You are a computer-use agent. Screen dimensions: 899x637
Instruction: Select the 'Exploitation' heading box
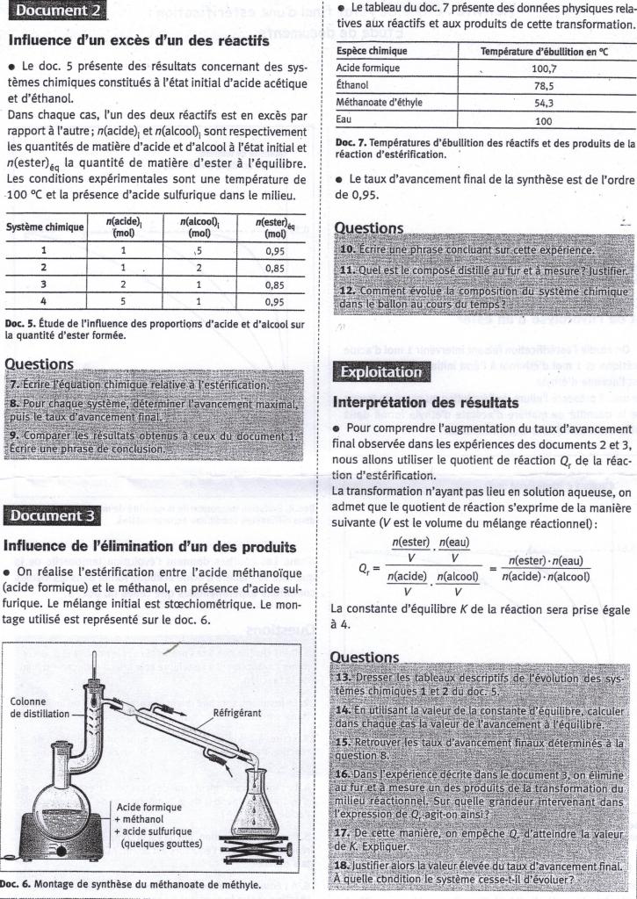pyautogui.click(x=381, y=371)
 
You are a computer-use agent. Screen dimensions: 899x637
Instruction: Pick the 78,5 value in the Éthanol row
pyautogui.click(x=544, y=85)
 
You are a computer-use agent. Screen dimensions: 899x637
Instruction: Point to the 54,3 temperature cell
pyautogui.click(x=544, y=103)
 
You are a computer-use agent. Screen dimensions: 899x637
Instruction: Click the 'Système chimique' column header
pyautogui.click(x=44, y=227)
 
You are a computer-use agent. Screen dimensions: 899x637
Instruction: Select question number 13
pyautogui.click(x=344, y=679)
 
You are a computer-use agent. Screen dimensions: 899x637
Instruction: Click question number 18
pyautogui.click(x=344, y=865)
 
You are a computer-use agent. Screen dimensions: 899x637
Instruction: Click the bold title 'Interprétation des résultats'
pyautogui.click(x=425, y=402)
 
